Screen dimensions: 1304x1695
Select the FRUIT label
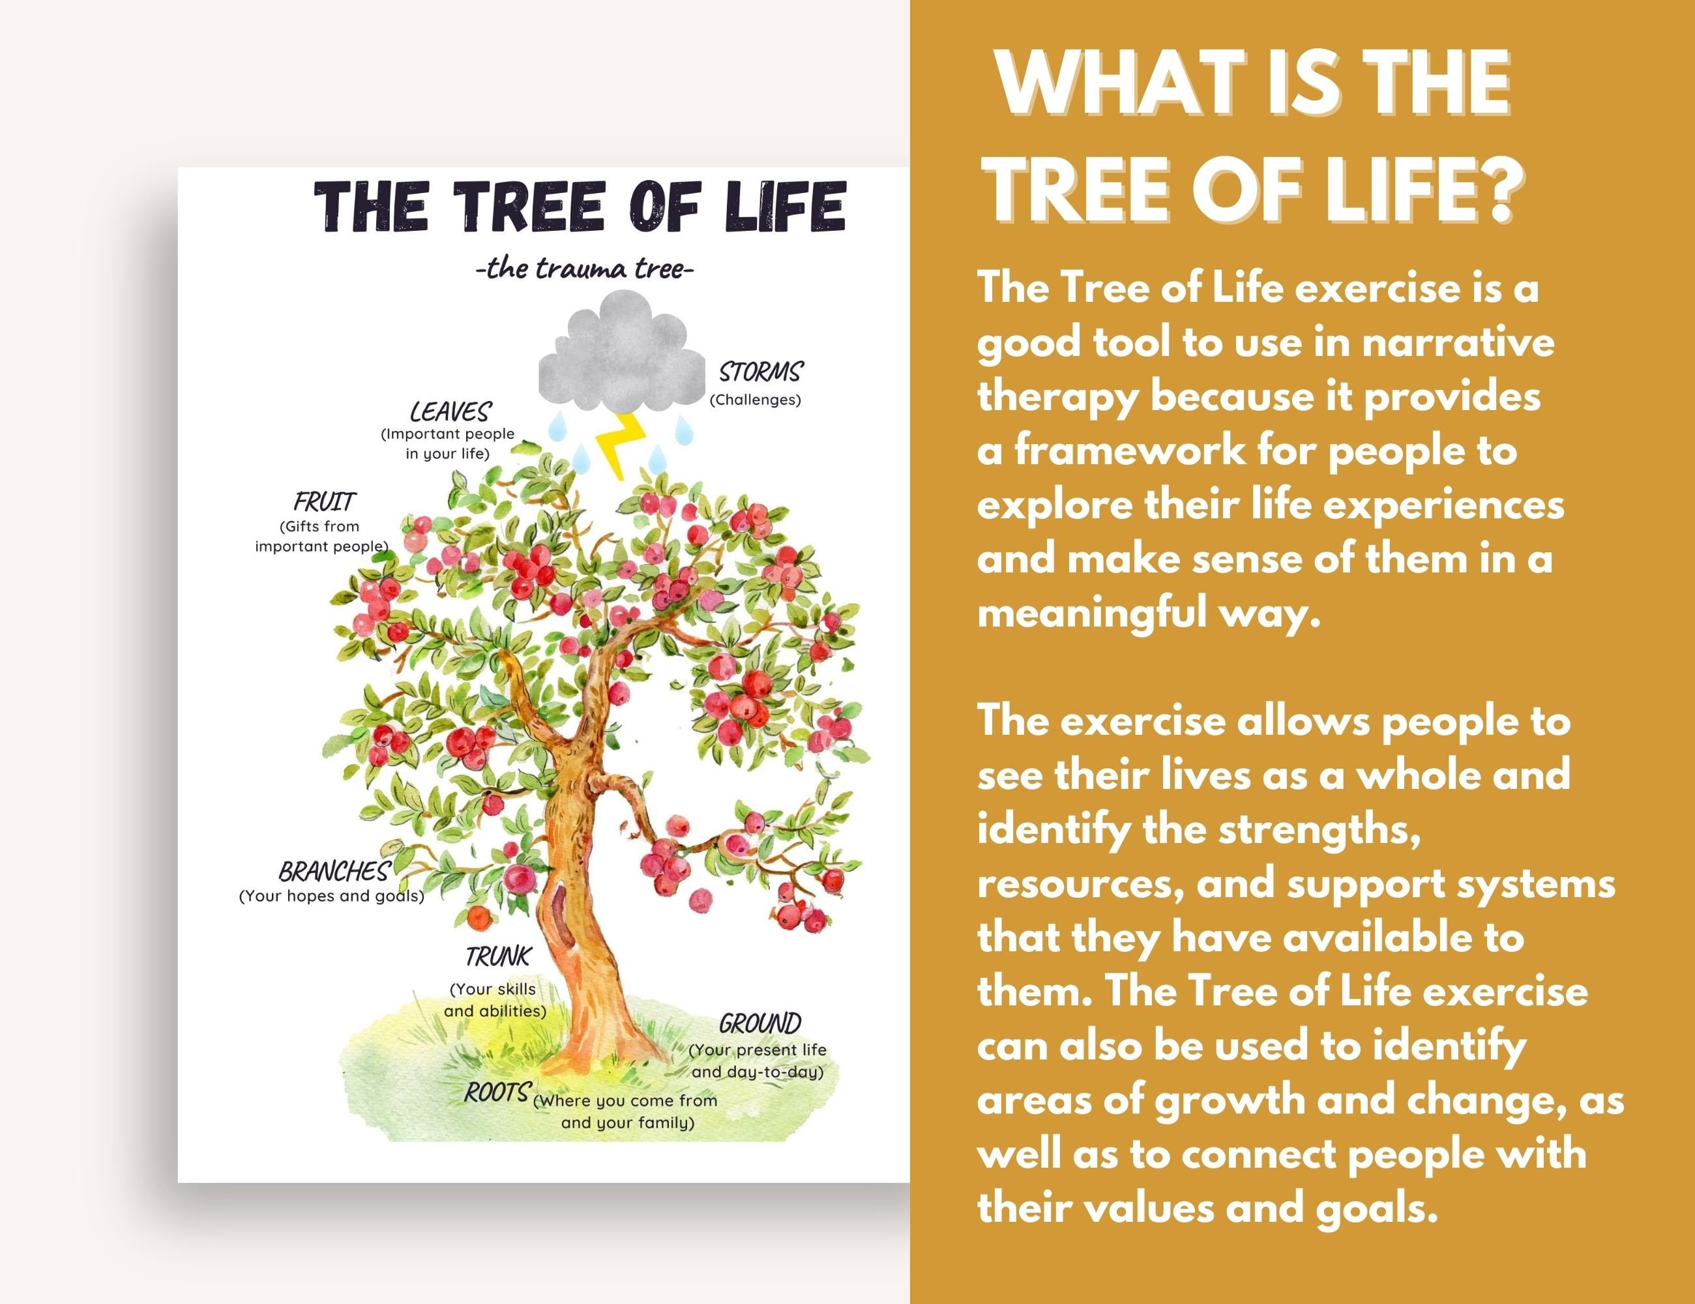(325, 501)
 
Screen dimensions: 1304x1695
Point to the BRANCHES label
(333, 872)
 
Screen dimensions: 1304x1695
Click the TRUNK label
(498, 956)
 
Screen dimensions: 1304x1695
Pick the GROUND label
(759, 1023)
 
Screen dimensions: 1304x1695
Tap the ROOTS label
(497, 1092)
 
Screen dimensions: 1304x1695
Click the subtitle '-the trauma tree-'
(583, 269)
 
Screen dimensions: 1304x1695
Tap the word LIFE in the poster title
(784, 207)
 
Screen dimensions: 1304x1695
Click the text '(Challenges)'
(754, 400)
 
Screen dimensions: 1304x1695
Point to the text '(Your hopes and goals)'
(331, 896)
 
